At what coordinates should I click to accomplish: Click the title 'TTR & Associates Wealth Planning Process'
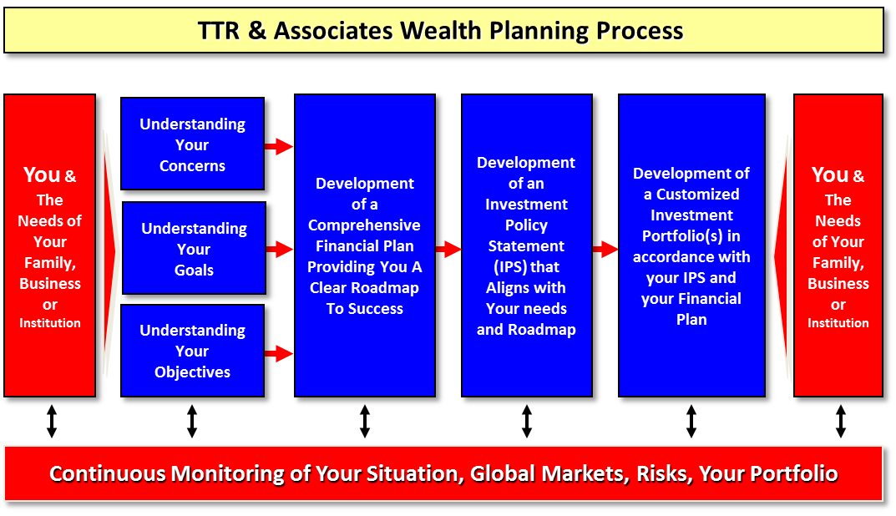coord(441,31)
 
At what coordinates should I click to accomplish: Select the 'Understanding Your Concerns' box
coord(192,144)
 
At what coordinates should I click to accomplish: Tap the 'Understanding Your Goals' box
coord(194,249)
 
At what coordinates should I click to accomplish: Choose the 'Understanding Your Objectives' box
coord(192,351)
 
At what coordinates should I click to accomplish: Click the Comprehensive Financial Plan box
coord(364,245)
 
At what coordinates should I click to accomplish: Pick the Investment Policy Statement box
coord(526,245)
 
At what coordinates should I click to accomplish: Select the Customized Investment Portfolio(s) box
coord(691,245)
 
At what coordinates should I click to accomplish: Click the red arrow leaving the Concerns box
coord(278,147)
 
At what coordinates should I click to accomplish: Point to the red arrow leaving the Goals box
coord(279,249)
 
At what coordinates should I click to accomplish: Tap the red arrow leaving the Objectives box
coord(278,354)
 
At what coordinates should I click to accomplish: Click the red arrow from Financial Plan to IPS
coord(448,249)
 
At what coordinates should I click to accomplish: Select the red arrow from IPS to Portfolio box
coord(605,249)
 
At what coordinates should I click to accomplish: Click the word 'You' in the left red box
coord(42,175)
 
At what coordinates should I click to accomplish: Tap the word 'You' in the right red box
coord(830,175)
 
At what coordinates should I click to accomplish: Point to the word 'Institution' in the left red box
coord(50,323)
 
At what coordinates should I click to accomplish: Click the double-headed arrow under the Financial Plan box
coord(365,422)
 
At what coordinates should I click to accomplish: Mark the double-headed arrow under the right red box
coord(840,422)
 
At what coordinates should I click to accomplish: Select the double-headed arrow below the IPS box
coord(527,422)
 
